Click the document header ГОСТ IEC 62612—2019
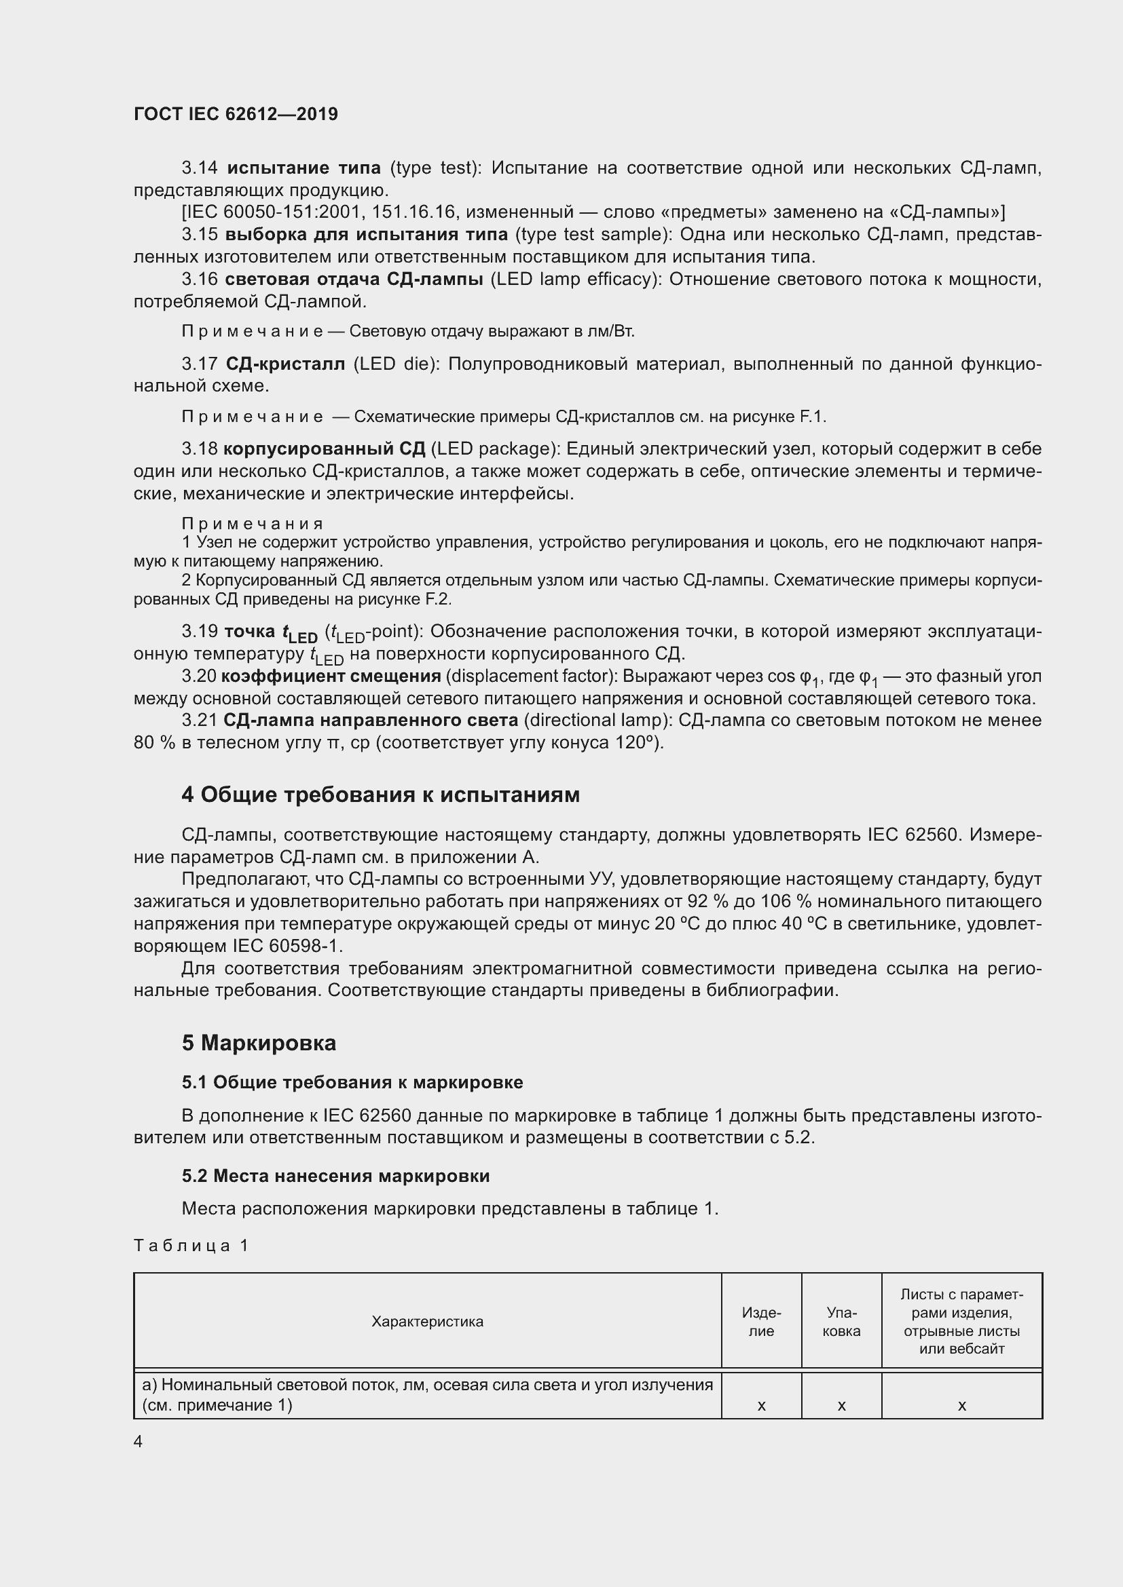(236, 114)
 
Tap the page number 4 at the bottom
(139, 1441)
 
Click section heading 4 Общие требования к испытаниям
(380, 795)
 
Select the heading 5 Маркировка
(259, 1043)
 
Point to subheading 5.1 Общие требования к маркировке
(352, 1082)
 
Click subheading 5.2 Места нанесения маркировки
(335, 1176)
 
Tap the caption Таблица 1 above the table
(191, 1246)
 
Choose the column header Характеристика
(427, 1322)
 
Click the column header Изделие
(761, 1322)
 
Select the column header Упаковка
(841, 1322)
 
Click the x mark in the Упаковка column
(841, 1406)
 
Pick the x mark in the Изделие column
(761, 1406)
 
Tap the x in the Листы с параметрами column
(961, 1406)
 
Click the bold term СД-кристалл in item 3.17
(285, 364)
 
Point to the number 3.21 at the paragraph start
(199, 721)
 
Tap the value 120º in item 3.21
(638, 743)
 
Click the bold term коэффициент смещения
(331, 676)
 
